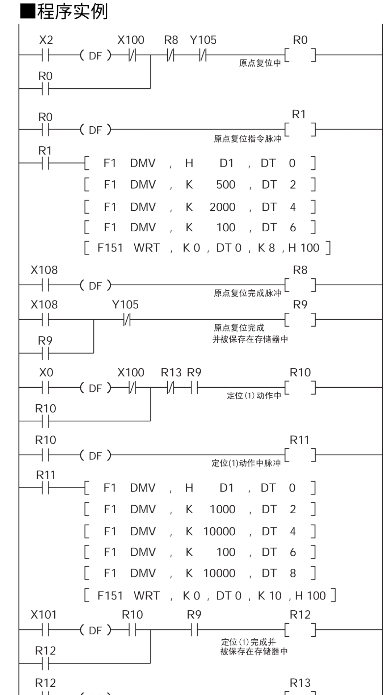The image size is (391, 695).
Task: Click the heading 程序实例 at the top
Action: (x=72, y=12)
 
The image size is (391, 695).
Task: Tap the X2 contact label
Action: (x=46, y=40)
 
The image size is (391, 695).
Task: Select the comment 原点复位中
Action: (x=260, y=63)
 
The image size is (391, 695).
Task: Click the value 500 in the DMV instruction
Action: (x=226, y=185)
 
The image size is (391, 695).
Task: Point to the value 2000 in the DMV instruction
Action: (x=222, y=207)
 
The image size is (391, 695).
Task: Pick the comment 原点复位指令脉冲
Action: (x=247, y=139)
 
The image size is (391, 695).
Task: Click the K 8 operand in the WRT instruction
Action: (x=266, y=248)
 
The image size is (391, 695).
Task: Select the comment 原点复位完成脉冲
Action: (x=247, y=293)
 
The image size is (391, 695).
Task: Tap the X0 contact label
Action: (x=46, y=372)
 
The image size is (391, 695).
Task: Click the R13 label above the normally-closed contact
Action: (x=171, y=372)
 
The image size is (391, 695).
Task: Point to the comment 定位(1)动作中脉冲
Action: (x=246, y=463)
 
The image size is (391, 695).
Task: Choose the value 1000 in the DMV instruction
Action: (x=222, y=509)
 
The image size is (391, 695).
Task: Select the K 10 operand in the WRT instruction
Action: (x=269, y=596)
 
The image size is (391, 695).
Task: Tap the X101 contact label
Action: (x=44, y=615)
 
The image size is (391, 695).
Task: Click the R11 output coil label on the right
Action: (x=299, y=440)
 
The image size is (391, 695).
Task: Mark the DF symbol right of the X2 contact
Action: (x=96, y=56)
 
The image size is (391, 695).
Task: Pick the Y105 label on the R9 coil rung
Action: (x=125, y=305)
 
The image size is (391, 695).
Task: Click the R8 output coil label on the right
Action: (x=300, y=270)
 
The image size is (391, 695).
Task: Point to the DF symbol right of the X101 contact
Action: (x=96, y=631)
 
